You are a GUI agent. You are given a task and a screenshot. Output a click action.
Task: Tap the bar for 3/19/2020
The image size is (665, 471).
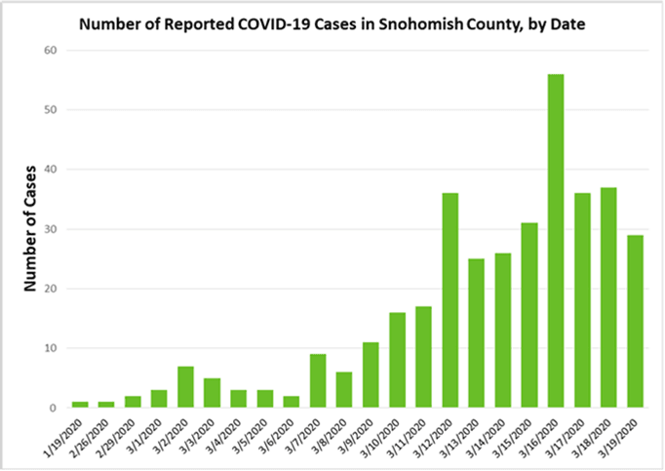pyautogui.click(x=635, y=321)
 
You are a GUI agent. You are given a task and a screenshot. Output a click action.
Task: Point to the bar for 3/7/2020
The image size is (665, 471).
pyautogui.click(x=318, y=380)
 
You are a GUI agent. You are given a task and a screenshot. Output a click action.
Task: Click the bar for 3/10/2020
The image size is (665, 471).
pyautogui.click(x=398, y=360)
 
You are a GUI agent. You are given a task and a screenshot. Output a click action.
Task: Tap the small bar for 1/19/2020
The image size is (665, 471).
pyautogui.click(x=81, y=404)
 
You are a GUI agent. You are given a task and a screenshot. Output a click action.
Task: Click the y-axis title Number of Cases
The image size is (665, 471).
pyautogui.click(x=29, y=229)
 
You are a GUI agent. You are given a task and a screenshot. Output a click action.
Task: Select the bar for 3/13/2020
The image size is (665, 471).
pyautogui.click(x=477, y=333)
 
